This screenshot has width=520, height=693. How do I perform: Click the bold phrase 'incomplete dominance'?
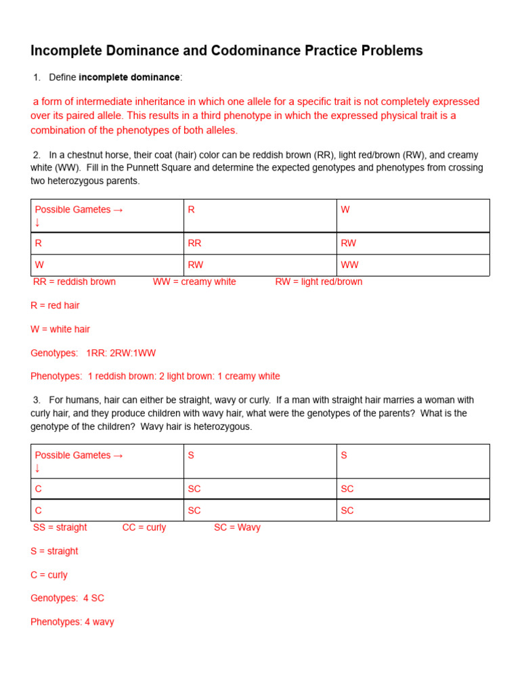tap(129, 78)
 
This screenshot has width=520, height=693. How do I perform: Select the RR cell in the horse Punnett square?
tap(194, 244)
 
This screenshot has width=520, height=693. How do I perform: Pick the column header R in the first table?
tap(191, 210)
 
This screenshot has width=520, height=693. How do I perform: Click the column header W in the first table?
tap(345, 210)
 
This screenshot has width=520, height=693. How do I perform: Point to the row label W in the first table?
tap(39, 265)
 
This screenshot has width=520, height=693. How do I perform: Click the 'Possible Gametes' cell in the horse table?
tap(79, 210)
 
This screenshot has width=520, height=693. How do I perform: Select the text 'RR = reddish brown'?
tap(74, 282)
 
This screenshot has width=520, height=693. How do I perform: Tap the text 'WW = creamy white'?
tap(194, 282)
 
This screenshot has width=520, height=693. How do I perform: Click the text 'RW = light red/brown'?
tap(318, 282)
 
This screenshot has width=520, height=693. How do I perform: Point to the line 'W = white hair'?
tap(60, 329)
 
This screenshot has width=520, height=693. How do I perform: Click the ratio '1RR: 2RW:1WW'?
tap(121, 353)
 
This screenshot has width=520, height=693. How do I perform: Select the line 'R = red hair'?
tap(55, 305)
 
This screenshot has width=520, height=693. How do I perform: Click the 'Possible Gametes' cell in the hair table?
tap(79, 455)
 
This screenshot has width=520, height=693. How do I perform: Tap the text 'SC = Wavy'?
tap(237, 527)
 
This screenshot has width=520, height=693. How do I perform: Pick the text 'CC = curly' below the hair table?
tap(144, 527)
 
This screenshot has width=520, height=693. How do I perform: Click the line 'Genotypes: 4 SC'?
tap(67, 598)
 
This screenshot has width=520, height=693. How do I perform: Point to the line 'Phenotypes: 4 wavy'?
tap(72, 622)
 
